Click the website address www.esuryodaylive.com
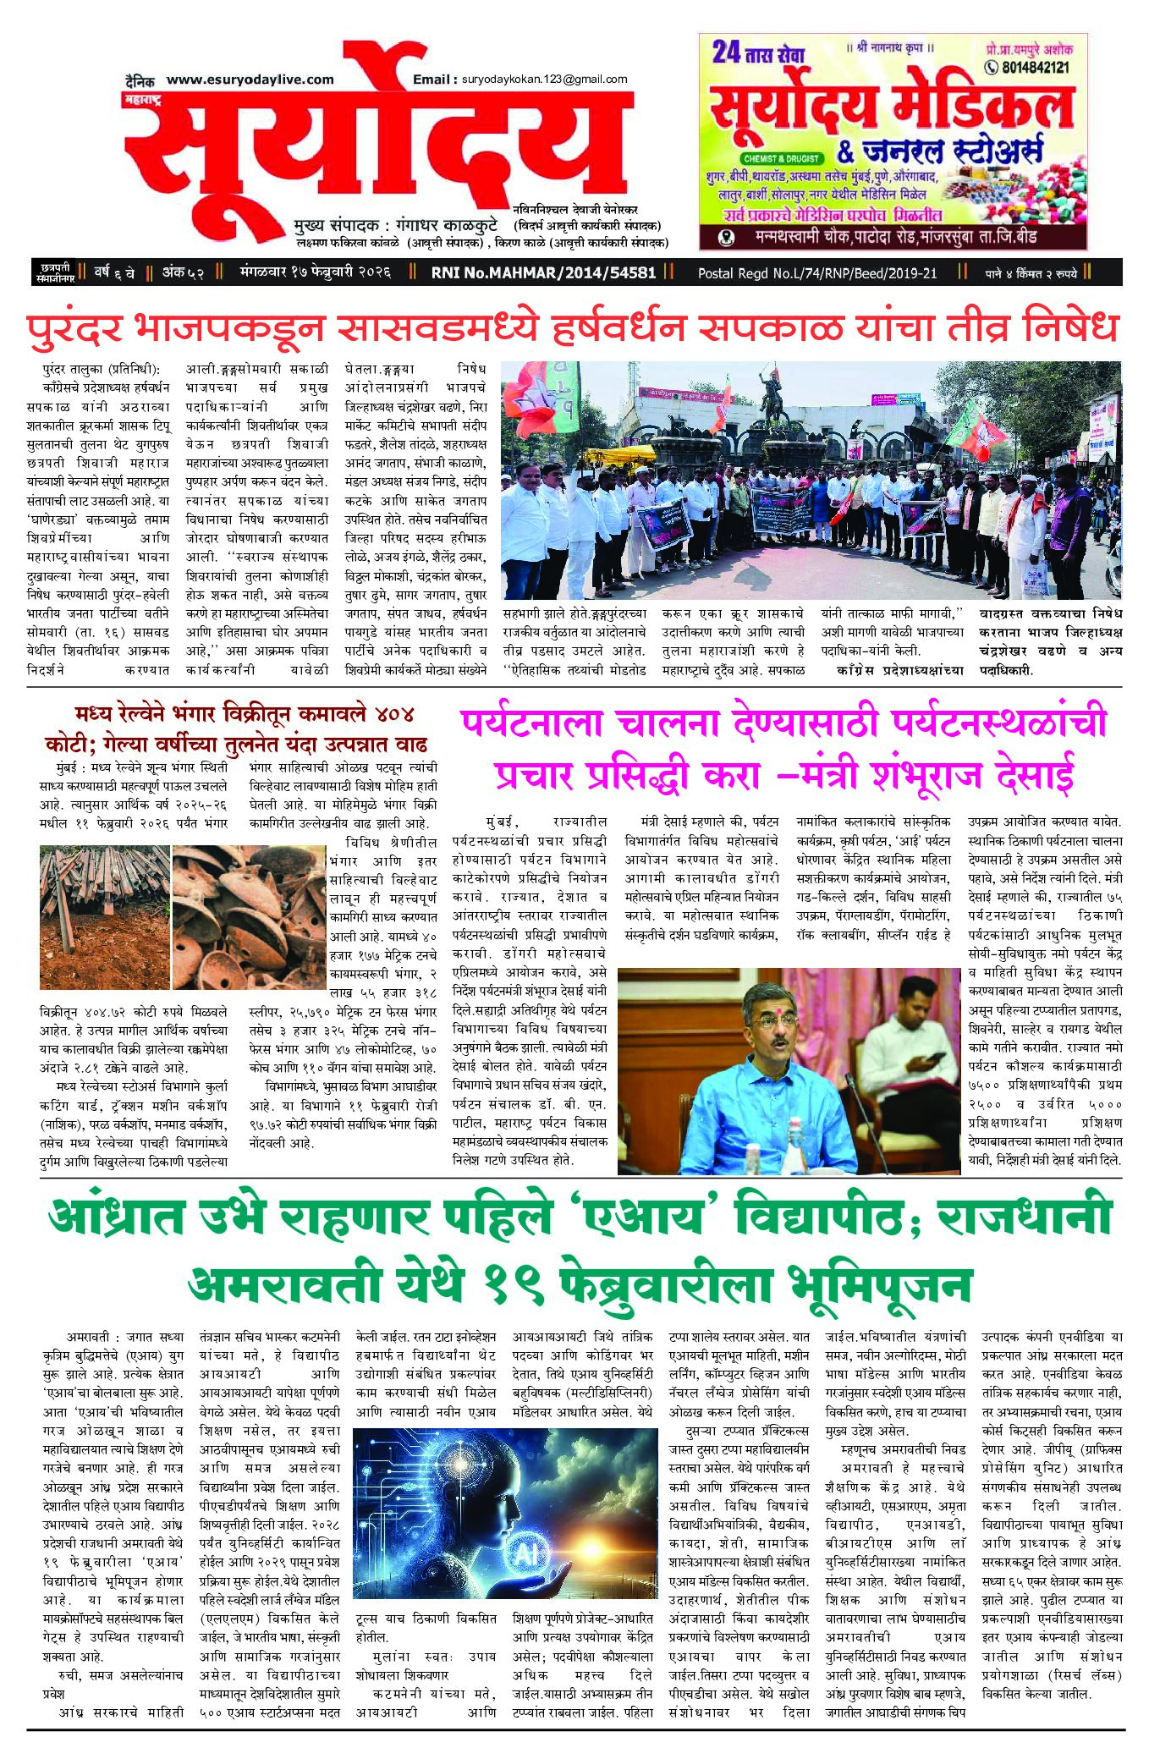click(x=250, y=80)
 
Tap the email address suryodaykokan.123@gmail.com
click(x=544, y=80)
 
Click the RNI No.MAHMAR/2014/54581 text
click(x=543, y=272)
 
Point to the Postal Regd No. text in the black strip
click(x=817, y=272)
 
